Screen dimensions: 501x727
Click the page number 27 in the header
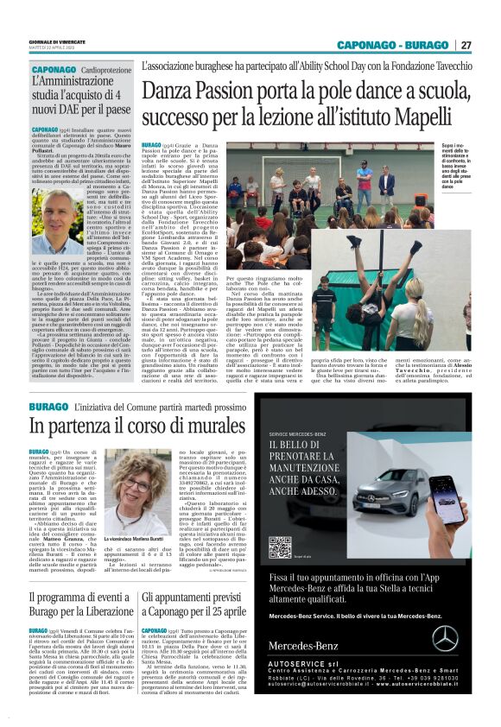pyautogui.click(x=466, y=45)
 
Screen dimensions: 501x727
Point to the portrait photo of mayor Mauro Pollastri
pyautogui.click(x=57, y=222)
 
